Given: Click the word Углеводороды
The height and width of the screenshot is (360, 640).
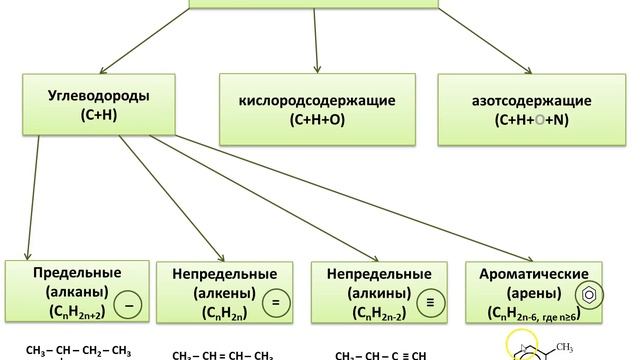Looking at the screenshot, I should click(84, 97).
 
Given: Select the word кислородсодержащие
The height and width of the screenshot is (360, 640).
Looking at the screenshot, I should click(318, 101).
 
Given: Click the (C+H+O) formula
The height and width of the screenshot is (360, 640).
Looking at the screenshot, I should click(318, 120).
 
